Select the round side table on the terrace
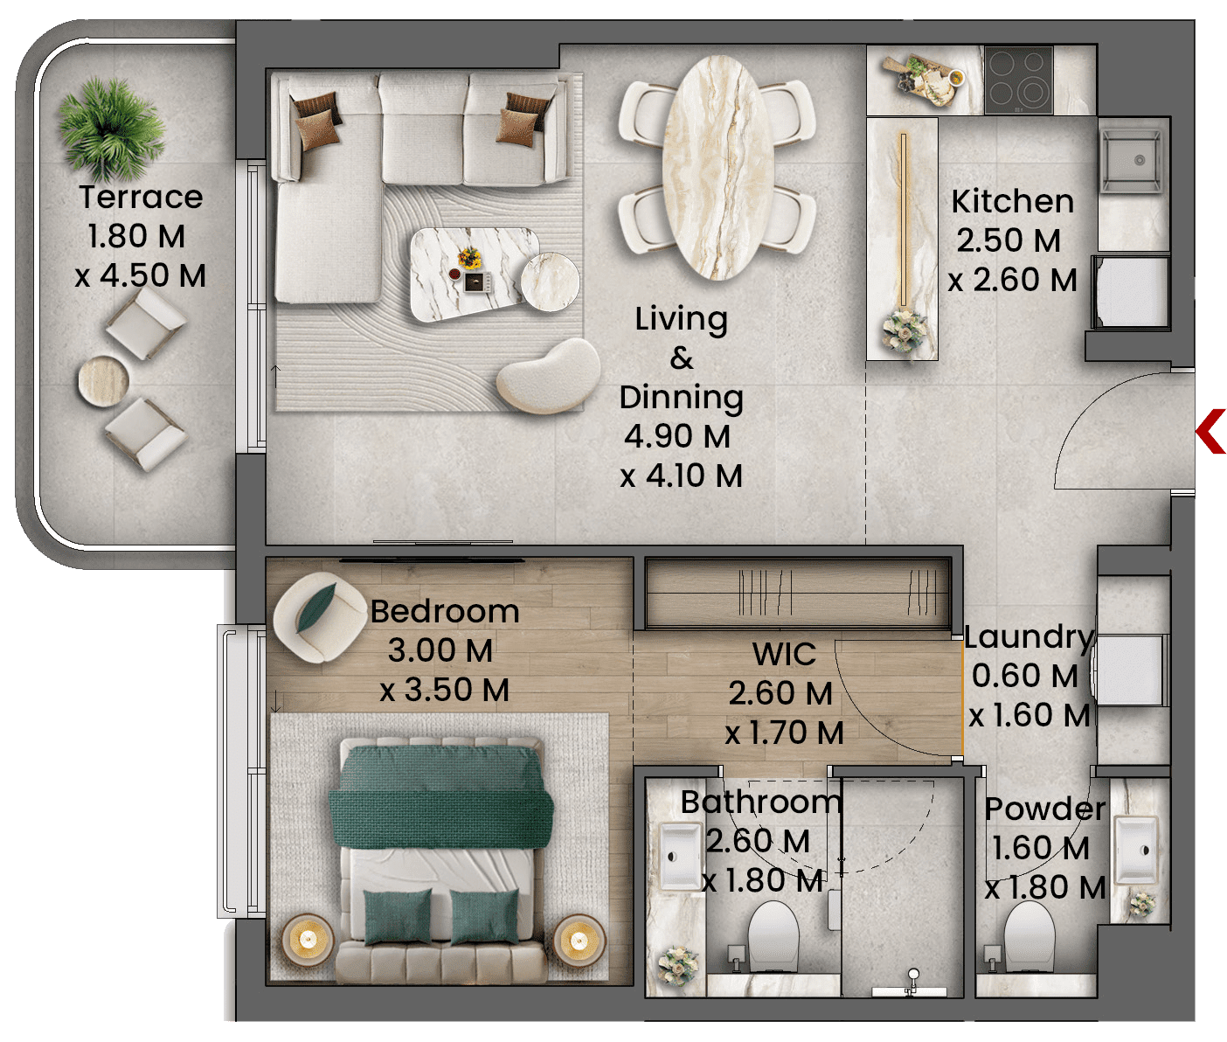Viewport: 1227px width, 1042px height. tap(103, 381)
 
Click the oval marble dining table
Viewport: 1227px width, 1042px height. tap(717, 168)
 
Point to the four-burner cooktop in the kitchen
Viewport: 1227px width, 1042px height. tap(1019, 80)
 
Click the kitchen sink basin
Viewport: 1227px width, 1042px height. tap(1131, 162)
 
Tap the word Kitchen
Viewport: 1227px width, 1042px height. tap(1013, 202)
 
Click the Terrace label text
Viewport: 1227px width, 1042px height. tap(141, 197)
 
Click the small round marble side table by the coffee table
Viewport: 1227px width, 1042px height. tap(551, 281)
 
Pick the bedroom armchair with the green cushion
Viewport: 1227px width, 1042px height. tap(319, 617)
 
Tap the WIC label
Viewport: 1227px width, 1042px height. tap(784, 654)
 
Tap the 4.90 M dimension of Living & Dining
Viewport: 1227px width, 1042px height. tap(677, 436)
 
